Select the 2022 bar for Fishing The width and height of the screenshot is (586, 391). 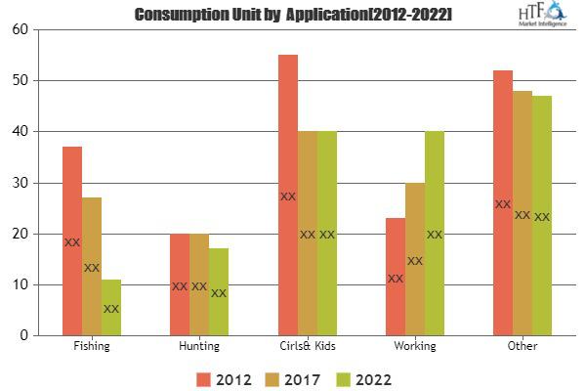[111, 308]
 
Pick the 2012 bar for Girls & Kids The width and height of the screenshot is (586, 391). [287, 195]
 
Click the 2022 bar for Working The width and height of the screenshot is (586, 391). [435, 234]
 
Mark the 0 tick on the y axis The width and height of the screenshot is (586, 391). [21, 335]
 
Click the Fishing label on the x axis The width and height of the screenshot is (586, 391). [92, 346]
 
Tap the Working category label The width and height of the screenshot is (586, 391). [414, 346]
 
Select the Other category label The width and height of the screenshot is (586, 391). [523, 346]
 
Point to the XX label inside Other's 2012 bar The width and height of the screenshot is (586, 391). [502, 204]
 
